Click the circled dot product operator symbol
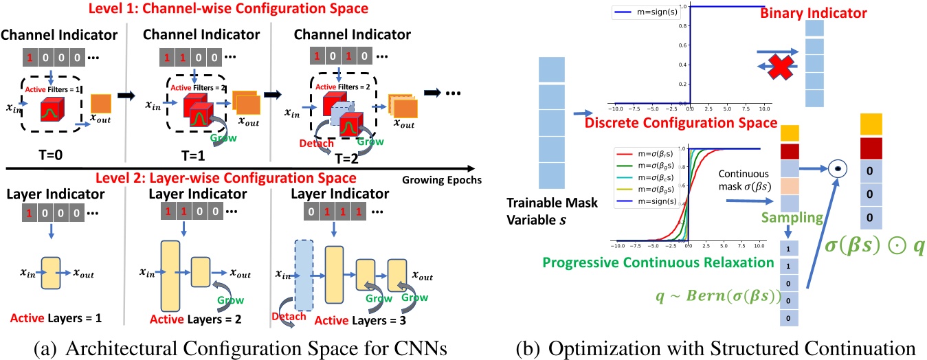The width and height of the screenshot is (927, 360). (836, 167)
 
